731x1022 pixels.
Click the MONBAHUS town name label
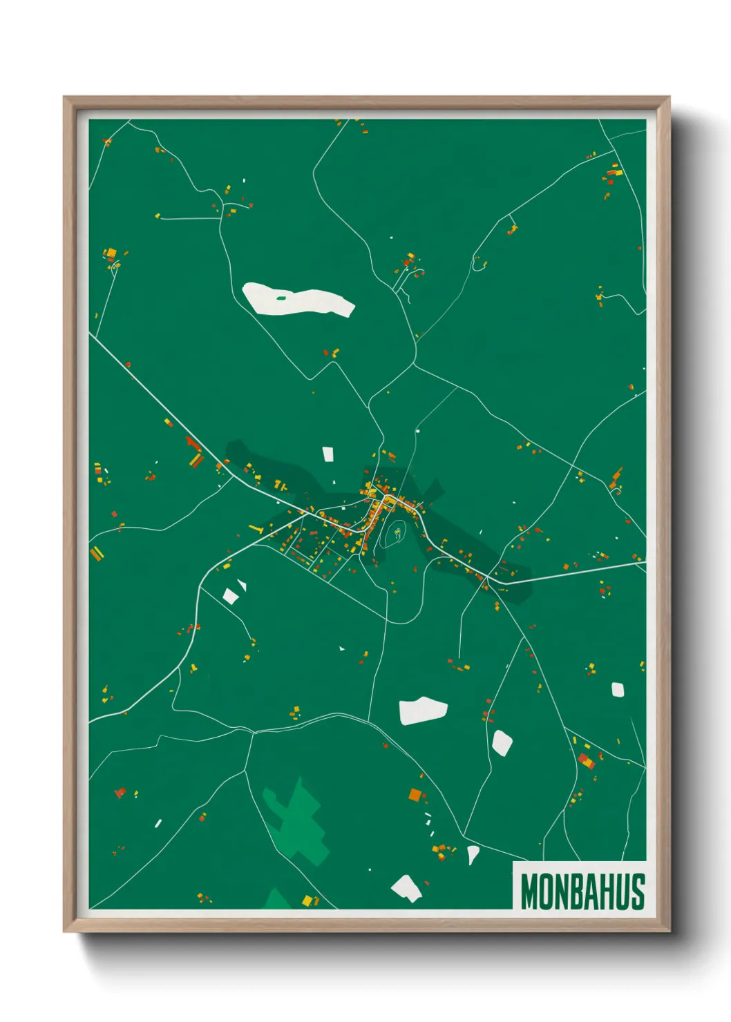point(582,891)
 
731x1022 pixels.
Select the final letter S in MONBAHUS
point(637,891)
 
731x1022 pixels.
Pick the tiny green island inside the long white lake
point(281,298)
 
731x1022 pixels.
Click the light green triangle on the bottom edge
point(278,900)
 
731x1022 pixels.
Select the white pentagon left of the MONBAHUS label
point(406,888)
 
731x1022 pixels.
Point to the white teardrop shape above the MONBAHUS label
point(473,854)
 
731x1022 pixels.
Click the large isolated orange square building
point(415,795)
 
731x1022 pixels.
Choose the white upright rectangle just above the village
point(328,454)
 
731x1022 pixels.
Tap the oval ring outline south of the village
point(393,533)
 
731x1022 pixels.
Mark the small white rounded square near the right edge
point(618,689)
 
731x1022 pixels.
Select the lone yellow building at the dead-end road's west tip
point(157,216)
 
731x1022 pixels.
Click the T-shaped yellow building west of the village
point(256,530)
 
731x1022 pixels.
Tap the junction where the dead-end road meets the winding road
point(222,218)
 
